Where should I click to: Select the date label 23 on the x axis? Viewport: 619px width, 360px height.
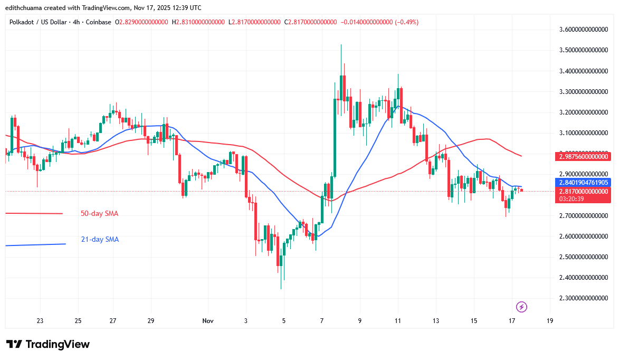click(40, 321)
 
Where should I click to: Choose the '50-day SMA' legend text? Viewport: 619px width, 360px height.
click(99, 214)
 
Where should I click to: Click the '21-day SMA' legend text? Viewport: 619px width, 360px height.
click(99, 240)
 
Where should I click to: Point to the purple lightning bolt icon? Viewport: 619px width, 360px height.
click(521, 307)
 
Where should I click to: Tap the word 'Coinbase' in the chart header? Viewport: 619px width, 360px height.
click(99, 22)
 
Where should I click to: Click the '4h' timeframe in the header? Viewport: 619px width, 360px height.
click(77, 22)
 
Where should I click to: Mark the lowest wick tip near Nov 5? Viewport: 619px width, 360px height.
click(281, 289)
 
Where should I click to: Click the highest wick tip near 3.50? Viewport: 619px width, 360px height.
click(341, 45)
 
